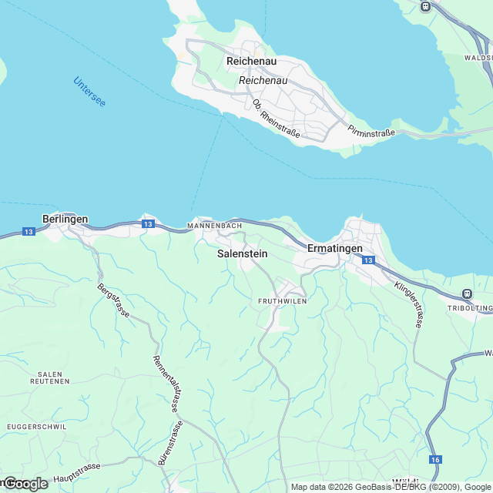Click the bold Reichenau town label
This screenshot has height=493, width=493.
point(251,61)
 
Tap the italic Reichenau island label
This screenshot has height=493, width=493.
point(263,80)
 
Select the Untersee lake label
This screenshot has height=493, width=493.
point(89,92)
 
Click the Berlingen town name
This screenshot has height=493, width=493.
point(65,219)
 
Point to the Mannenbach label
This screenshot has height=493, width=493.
point(215,226)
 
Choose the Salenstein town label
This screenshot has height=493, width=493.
point(243,253)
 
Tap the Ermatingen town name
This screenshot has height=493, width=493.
point(334,248)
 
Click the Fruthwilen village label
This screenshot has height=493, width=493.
point(282,301)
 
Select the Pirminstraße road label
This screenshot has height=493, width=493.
point(371,132)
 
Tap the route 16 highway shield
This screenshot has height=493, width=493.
point(436,459)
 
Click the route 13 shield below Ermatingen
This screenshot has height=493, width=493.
point(368,261)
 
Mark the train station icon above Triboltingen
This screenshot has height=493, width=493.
point(466,293)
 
